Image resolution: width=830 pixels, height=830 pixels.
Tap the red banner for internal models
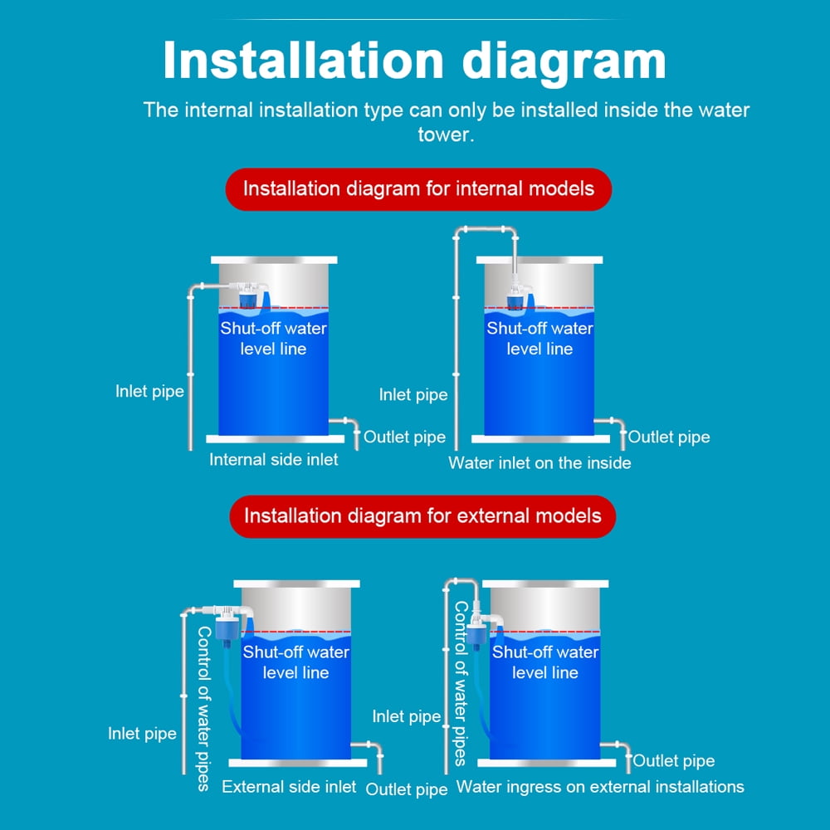coord(418,188)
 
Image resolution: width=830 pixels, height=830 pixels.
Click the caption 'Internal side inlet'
coord(273,460)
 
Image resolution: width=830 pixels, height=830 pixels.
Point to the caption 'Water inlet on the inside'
coord(539,463)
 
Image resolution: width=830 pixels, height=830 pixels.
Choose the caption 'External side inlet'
coord(289,786)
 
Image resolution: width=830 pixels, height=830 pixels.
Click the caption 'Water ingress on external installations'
coord(600,786)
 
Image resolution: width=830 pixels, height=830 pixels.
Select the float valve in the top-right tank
coord(516,296)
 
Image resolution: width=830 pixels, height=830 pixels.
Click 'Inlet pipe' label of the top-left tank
coord(149,391)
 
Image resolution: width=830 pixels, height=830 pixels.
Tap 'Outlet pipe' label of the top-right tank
coord(669,437)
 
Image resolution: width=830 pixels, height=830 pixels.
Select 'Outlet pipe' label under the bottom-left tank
coord(407,788)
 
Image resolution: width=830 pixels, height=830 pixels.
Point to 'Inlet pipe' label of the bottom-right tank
coord(407,716)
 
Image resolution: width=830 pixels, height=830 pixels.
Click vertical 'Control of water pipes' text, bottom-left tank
coord(203,709)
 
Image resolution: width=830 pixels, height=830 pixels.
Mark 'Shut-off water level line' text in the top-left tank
coord(273,339)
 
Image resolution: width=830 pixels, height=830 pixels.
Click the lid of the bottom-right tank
coord(545,583)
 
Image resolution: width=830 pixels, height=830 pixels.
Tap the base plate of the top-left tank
coord(275,438)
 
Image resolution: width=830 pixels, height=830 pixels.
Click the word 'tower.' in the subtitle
coord(447,134)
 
